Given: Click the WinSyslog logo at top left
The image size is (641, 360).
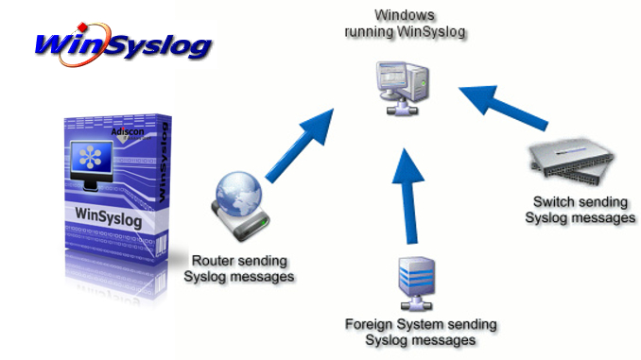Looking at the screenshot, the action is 123,45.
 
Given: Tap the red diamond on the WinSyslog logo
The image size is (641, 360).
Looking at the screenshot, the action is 82,27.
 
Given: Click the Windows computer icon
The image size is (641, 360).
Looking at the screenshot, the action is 403,88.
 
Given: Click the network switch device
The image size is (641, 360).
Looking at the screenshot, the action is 571,161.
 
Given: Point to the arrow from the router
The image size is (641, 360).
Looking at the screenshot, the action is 300,146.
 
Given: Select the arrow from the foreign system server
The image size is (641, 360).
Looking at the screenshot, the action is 408,197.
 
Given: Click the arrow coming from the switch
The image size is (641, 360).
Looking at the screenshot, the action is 503,106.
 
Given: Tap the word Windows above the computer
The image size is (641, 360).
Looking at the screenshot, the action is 405,15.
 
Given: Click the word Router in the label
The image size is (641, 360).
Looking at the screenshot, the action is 212,260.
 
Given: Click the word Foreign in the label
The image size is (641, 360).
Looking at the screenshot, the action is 369,324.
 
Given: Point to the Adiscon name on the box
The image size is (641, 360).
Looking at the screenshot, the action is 128,131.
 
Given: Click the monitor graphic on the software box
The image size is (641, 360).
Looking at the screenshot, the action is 91,165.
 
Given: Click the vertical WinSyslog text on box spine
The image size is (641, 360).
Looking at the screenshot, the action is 163,163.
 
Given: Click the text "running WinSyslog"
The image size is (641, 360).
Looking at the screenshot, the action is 405,31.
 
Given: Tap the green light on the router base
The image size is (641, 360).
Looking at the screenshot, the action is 264,223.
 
